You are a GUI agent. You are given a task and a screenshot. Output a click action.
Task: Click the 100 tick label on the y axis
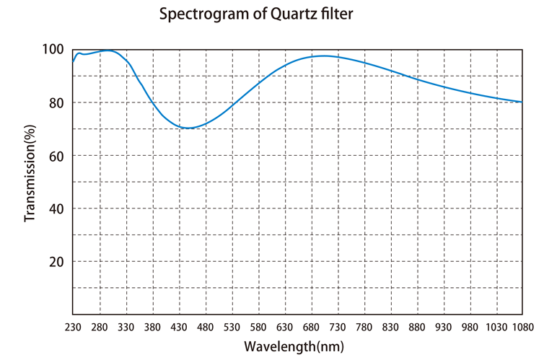click(x=53, y=50)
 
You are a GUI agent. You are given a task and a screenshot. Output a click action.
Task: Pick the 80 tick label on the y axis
click(x=56, y=102)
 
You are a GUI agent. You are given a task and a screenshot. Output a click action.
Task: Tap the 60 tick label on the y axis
click(x=56, y=156)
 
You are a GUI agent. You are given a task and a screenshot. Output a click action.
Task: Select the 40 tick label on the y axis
click(x=56, y=208)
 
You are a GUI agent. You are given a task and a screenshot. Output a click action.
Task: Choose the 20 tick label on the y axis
click(x=56, y=261)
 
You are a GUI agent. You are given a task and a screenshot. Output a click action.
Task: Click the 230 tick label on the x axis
click(x=73, y=326)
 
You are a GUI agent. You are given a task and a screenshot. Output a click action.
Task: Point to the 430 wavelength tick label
click(x=178, y=326)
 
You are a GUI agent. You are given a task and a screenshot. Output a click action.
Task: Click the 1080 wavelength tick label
click(x=521, y=326)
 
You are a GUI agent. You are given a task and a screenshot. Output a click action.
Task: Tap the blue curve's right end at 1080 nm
click(x=522, y=102)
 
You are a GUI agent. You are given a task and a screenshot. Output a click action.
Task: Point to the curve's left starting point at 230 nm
click(x=73, y=62)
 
